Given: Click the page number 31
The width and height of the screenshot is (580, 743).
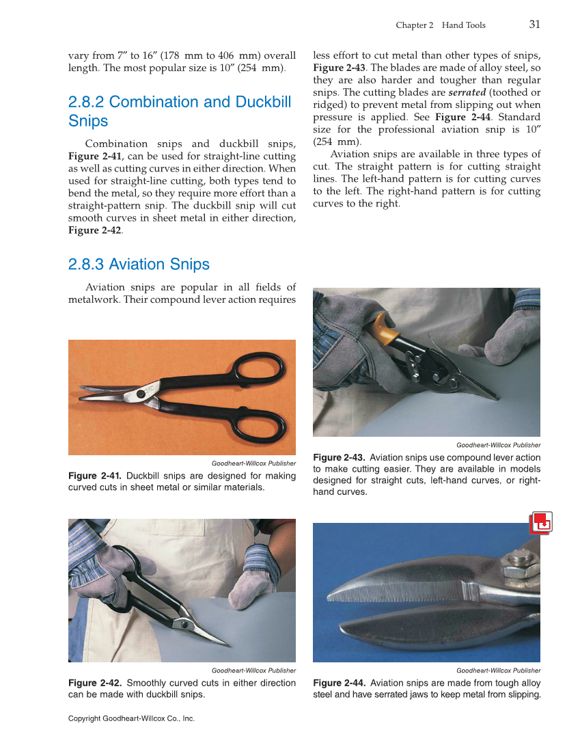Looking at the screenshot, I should pos(534,24).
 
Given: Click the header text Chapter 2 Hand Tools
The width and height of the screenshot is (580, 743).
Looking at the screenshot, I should pos(441,25).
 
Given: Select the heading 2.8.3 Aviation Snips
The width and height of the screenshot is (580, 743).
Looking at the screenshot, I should pos(139,265).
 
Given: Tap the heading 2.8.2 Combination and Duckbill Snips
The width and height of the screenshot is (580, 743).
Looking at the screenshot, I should pos(180,111).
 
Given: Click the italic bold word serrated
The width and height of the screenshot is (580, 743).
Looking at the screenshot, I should pos(467,92).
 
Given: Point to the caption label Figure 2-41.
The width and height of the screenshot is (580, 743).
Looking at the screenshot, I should pos(95,476).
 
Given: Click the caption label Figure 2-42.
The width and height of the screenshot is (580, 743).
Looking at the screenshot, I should pos(95,683).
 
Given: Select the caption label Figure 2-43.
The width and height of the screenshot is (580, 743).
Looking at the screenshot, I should pos(339,457).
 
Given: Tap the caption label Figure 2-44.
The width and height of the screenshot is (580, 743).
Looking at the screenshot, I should pos(339,683).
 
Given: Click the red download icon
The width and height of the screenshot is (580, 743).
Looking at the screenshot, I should pos(540,523).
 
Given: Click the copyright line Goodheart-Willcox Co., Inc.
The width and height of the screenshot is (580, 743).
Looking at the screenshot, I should pos(131,718).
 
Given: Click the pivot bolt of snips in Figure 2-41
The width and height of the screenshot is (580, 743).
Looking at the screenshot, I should pos(141,394).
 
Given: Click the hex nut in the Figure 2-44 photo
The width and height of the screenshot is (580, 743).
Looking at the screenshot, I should pos(522,565).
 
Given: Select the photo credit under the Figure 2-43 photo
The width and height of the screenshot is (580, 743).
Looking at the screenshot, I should pos(498,445).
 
